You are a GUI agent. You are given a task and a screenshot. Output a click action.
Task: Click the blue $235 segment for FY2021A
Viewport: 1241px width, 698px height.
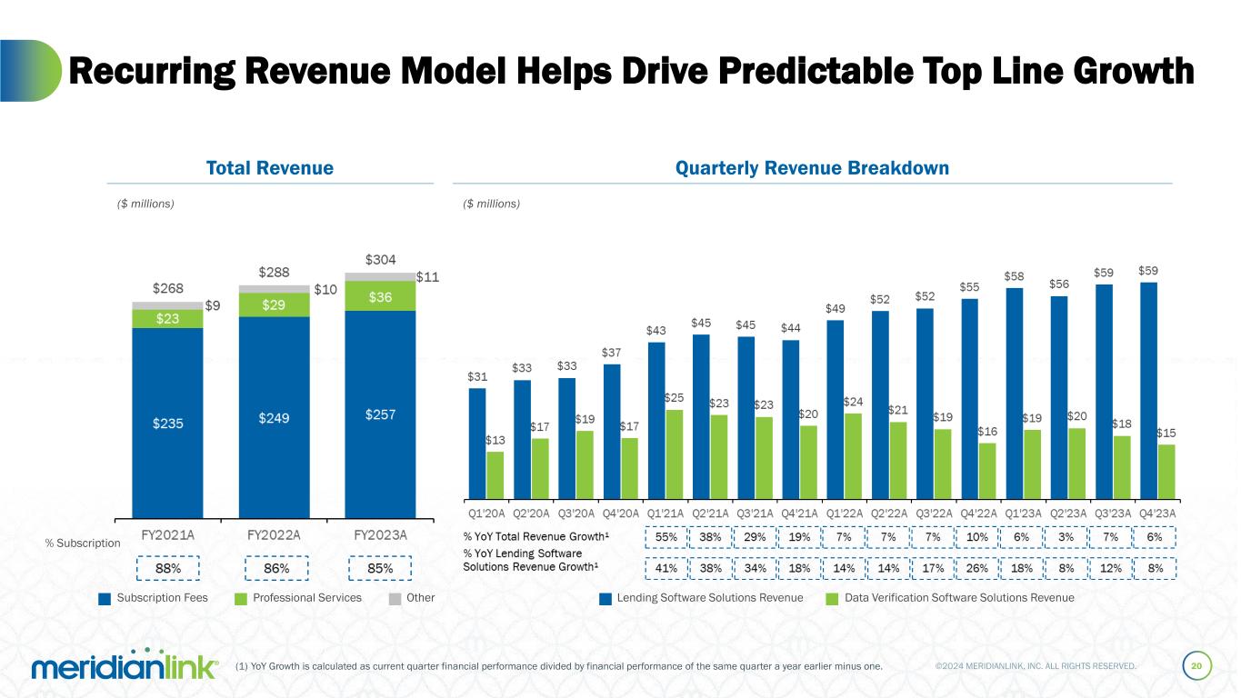point(167,423)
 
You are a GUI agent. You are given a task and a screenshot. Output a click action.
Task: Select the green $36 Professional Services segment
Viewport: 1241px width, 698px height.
point(380,296)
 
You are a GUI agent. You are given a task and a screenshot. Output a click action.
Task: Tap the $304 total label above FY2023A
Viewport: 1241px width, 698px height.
point(380,260)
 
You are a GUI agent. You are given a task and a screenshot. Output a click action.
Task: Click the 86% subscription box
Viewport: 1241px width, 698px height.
point(276,568)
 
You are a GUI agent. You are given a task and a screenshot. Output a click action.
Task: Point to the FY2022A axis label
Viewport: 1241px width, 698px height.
point(275,534)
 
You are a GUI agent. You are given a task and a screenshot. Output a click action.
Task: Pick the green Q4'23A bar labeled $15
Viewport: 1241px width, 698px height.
point(1166,472)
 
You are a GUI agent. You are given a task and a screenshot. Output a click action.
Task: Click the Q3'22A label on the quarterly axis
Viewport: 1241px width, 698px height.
point(935,513)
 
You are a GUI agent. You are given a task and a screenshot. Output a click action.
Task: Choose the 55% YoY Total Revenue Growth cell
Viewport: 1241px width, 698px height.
point(666,537)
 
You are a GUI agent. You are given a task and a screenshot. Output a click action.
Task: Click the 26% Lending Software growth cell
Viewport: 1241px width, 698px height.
point(977,569)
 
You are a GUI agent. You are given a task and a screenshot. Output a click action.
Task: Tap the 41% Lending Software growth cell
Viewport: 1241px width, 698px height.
point(666,569)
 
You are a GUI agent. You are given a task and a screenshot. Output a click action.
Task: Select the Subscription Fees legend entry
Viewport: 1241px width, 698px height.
point(154,598)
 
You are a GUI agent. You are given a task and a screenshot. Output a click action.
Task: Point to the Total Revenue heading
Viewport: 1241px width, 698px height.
point(269,168)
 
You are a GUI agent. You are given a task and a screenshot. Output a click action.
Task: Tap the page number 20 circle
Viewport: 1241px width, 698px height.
point(1196,666)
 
